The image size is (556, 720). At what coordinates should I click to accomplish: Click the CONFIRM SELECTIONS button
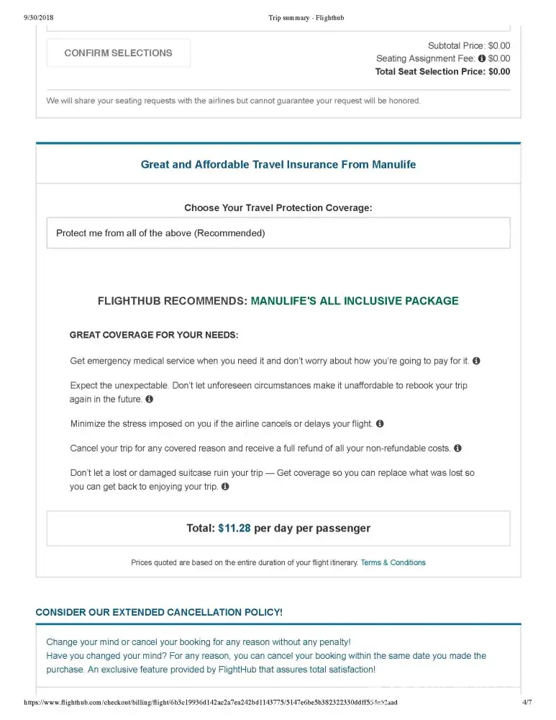coord(119,53)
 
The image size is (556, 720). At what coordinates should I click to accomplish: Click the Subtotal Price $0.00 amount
coord(498,45)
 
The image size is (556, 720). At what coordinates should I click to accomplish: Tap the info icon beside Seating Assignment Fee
coord(481,58)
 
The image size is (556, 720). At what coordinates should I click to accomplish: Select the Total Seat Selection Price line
coord(442,71)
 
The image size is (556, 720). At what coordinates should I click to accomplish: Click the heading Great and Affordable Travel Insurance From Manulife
coord(278,164)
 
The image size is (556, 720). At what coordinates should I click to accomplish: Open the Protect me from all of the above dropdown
coord(278,233)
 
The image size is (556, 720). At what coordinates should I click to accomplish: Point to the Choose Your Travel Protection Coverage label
coord(278,208)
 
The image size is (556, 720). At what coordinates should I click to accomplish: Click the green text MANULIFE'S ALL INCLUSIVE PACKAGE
coord(354,301)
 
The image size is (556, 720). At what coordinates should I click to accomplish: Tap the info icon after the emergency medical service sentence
coord(476,361)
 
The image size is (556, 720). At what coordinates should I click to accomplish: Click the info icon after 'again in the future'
coord(150,399)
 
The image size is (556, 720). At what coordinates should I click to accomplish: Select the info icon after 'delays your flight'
coord(380,424)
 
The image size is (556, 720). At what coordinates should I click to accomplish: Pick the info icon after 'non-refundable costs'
coord(457,448)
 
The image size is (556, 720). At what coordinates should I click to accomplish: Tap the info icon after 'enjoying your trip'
coord(225,487)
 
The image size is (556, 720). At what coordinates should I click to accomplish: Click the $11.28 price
coord(234,528)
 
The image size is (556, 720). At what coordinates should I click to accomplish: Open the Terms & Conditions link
coord(393,562)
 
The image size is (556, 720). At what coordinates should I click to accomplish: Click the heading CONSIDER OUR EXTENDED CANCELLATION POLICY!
coord(159,612)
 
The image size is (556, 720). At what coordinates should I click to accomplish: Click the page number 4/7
coord(527,702)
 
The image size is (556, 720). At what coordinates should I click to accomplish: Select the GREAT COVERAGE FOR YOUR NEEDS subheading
coord(153,335)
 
